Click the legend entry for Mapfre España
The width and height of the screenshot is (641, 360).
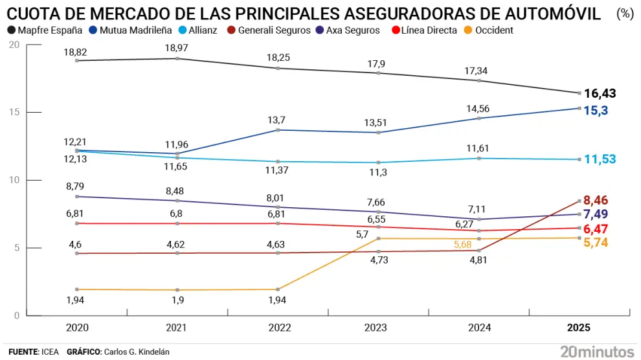coord(43,30)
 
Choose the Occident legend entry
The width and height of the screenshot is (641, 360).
coord(493,30)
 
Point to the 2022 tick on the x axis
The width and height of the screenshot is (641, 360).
coord(278,328)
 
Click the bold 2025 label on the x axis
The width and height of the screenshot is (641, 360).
coord(578,328)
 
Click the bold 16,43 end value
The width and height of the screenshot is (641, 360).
coord(600,94)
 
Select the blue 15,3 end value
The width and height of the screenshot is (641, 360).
coord(596,111)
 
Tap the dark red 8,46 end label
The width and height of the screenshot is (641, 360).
coord(596,200)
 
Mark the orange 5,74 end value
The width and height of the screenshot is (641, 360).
coord(596,242)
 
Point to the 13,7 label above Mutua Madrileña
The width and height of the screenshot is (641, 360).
coord(278,120)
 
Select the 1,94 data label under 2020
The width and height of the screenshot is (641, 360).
coord(77,300)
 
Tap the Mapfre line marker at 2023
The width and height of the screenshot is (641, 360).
coord(378,73)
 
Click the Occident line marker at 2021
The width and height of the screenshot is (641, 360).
coord(177,290)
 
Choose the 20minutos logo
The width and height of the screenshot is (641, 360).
coord(596,352)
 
